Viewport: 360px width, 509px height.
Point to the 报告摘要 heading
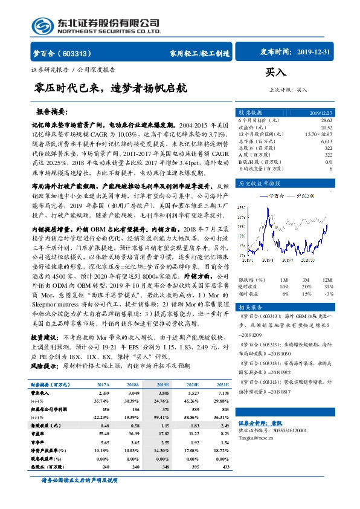coord(52,112)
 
